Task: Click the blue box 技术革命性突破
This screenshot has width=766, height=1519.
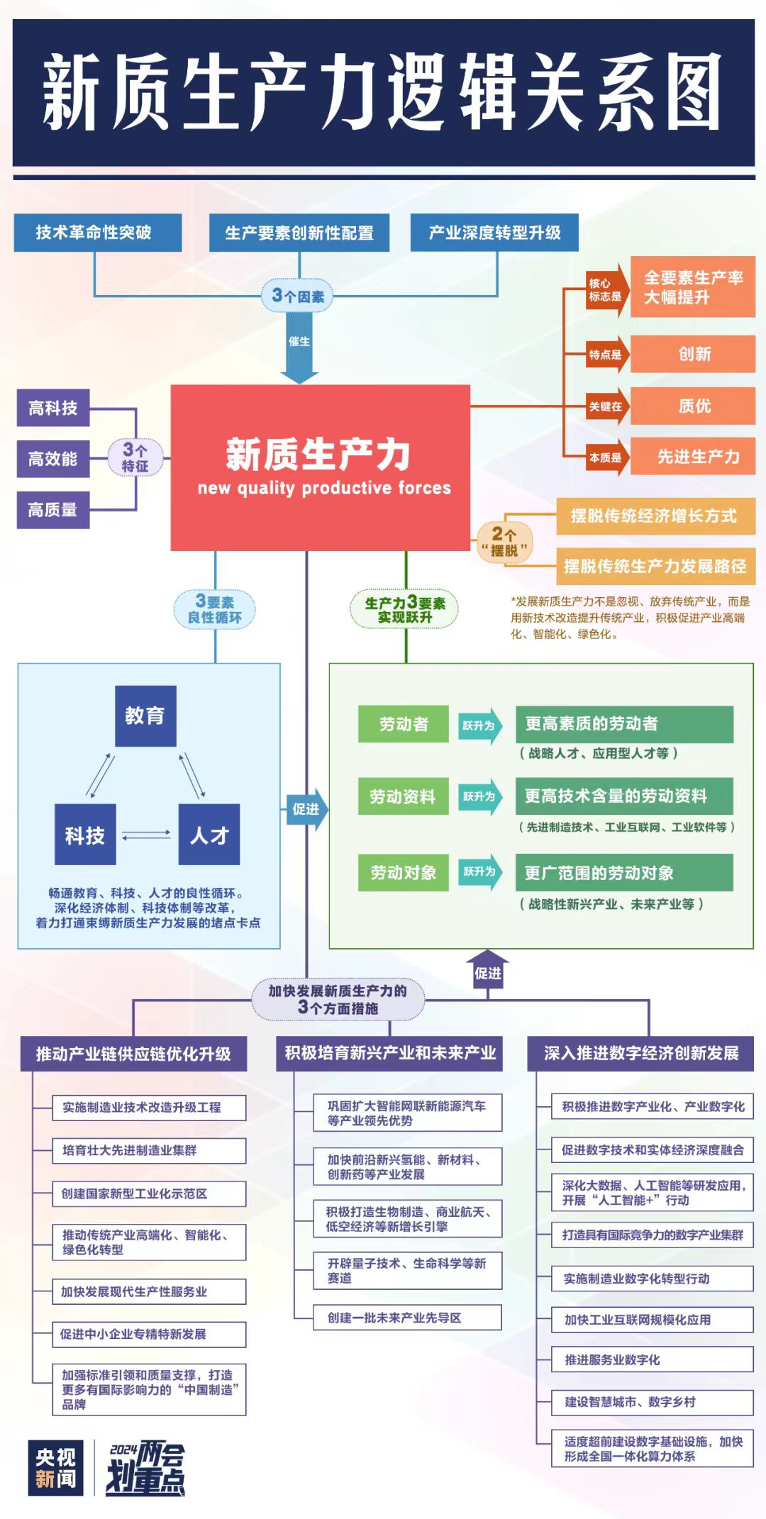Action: coord(97,233)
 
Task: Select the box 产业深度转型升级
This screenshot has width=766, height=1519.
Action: coord(494,233)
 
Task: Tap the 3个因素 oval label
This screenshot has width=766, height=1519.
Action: coord(298,296)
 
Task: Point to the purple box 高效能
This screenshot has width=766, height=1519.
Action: coord(53,459)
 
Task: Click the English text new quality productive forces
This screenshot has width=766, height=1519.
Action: coord(324,488)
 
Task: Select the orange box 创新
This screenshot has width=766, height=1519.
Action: coord(693,354)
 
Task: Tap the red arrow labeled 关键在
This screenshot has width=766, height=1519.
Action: coord(607,406)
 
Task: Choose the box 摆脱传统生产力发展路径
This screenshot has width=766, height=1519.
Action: coord(655,566)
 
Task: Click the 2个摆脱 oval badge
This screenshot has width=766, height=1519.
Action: coord(504,542)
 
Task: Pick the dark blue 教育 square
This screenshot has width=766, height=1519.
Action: coord(145,716)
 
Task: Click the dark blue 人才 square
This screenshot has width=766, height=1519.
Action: coord(209,835)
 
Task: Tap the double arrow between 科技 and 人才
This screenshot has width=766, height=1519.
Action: coord(147,835)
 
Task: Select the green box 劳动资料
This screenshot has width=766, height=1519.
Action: coord(403,796)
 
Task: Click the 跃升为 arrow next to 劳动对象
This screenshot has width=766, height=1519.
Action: coord(480,872)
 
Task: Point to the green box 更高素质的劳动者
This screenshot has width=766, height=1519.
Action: coord(624,724)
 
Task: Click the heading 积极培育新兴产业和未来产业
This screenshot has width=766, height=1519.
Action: coord(389,1053)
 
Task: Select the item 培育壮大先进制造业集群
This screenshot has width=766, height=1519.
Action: coord(149,1150)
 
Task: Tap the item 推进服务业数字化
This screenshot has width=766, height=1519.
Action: coord(652,1359)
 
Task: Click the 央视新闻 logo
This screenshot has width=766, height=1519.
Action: coord(56,1468)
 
